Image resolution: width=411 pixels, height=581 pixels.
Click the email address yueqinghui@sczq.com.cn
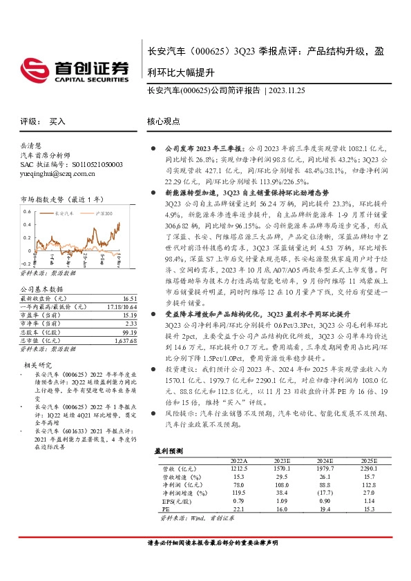click(52, 175)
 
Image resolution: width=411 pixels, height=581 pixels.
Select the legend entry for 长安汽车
click(61, 215)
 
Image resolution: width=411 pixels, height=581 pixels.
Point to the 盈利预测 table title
click(168, 450)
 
